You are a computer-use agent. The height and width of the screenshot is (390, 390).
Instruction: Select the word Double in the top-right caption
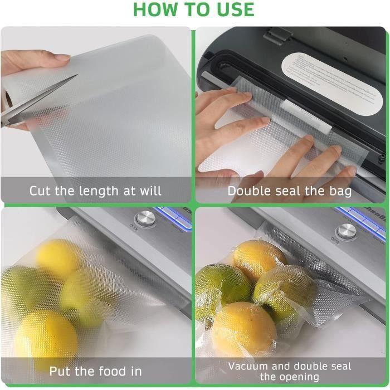pyautogui.click(x=250, y=191)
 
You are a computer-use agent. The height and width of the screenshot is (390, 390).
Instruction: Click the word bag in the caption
pyautogui.click(x=339, y=191)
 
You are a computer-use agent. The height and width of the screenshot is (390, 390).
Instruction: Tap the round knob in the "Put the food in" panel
pyautogui.click(x=145, y=218)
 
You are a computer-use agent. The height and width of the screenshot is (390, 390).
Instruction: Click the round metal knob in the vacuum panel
pyautogui.click(x=346, y=231)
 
